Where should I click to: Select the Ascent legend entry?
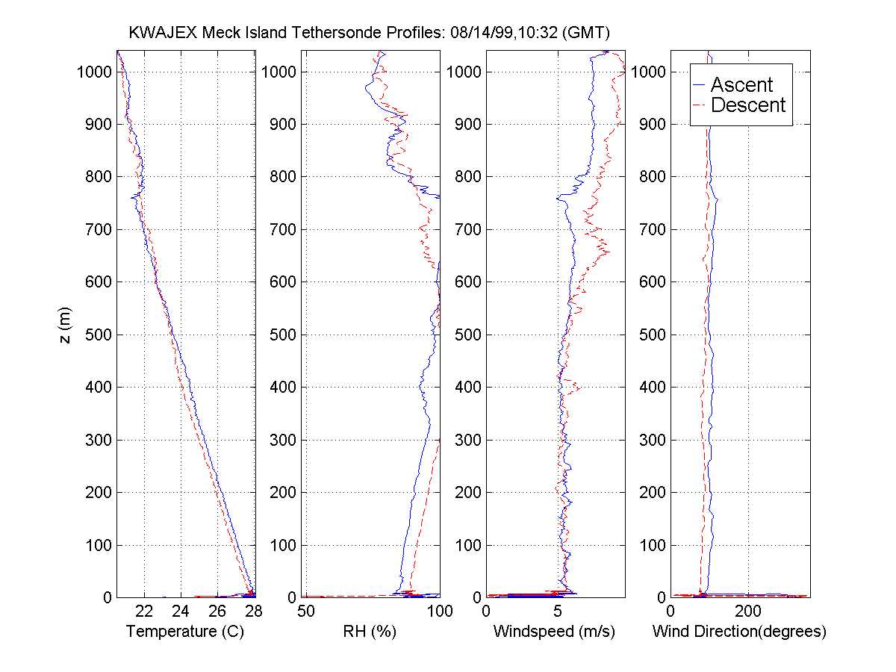741,84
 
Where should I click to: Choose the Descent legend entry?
748,105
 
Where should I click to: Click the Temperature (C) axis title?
185,632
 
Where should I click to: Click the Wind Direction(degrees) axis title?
739,632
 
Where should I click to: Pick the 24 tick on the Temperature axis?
181,611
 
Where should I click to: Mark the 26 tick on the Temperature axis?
217,611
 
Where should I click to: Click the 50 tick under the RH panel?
306,611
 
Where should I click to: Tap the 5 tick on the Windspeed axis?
559,611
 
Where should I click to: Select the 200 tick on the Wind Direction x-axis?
747,611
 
